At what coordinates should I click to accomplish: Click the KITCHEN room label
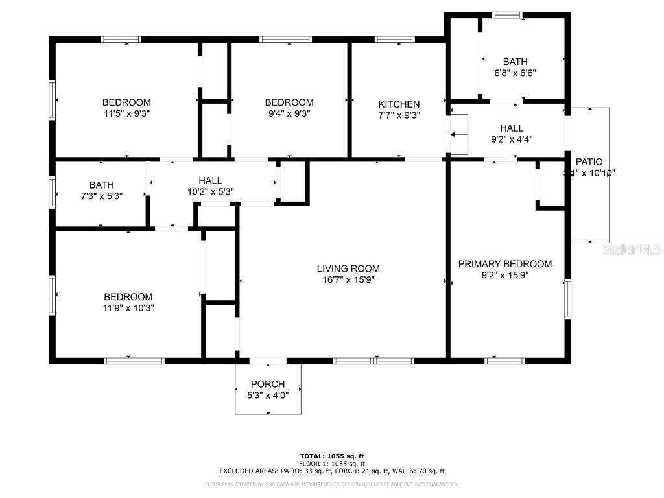399,104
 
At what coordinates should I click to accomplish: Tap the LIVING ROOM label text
348,268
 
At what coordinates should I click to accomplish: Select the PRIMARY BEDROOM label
505,264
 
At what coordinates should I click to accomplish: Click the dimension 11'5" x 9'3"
126,114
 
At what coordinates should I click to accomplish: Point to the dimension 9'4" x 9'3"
289,114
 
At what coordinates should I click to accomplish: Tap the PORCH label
268,384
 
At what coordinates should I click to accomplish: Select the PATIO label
589,162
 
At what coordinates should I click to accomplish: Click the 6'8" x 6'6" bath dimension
515,73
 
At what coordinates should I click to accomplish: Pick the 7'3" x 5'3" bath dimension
102,196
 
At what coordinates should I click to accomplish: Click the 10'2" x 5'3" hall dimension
210,191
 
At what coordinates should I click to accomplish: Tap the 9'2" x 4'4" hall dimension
512,139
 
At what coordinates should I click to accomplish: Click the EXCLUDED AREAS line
332,471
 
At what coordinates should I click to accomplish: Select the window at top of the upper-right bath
507,14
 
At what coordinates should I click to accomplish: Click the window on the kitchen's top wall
396,40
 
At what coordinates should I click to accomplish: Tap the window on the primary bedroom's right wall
568,300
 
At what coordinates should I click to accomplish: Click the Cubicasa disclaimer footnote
332,484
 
